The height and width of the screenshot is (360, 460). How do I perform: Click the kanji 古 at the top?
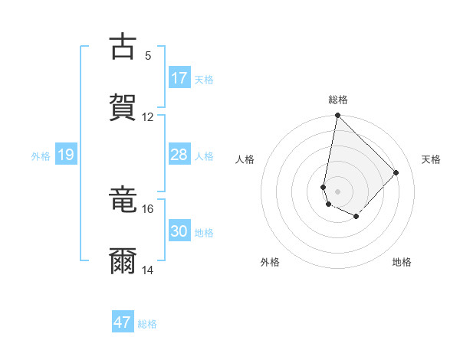pyautogui.click(x=123, y=47)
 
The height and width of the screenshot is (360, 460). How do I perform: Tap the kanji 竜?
pyautogui.click(x=123, y=200)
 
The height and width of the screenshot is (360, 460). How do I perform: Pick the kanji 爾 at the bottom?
pyautogui.click(x=123, y=261)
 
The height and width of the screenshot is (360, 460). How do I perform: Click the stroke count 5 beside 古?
pyautogui.click(x=147, y=55)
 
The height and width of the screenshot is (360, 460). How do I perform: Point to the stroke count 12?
pyautogui.click(x=147, y=116)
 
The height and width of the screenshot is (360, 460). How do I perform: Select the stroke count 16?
pyautogui.click(x=147, y=208)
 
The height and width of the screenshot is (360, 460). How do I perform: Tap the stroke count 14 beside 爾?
pyautogui.click(x=147, y=270)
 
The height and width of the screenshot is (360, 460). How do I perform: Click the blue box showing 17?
pyautogui.click(x=179, y=78)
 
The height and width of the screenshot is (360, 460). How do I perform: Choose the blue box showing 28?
pyautogui.click(x=179, y=155)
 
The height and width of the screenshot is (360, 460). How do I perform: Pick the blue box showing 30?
pyautogui.click(x=179, y=231)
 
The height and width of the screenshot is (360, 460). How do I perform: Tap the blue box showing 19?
pyautogui.click(x=65, y=155)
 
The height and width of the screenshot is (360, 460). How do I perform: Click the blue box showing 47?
pyautogui.click(x=123, y=322)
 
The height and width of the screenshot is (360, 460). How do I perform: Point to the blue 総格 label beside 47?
pyautogui.click(x=147, y=324)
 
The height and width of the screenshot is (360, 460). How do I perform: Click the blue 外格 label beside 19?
pyautogui.click(x=41, y=156)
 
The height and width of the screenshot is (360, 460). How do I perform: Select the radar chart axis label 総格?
pyautogui.click(x=338, y=100)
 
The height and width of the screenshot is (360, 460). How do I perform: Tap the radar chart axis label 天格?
pyautogui.click(x=432, y=159)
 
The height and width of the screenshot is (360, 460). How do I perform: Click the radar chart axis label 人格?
pyautogui.click(x=245, y=159)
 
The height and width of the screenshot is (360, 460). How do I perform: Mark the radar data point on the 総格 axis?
pyautogui.click(x=337, y=116)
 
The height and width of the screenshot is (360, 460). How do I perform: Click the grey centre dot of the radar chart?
pyautogui.click(x=337, y=191)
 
